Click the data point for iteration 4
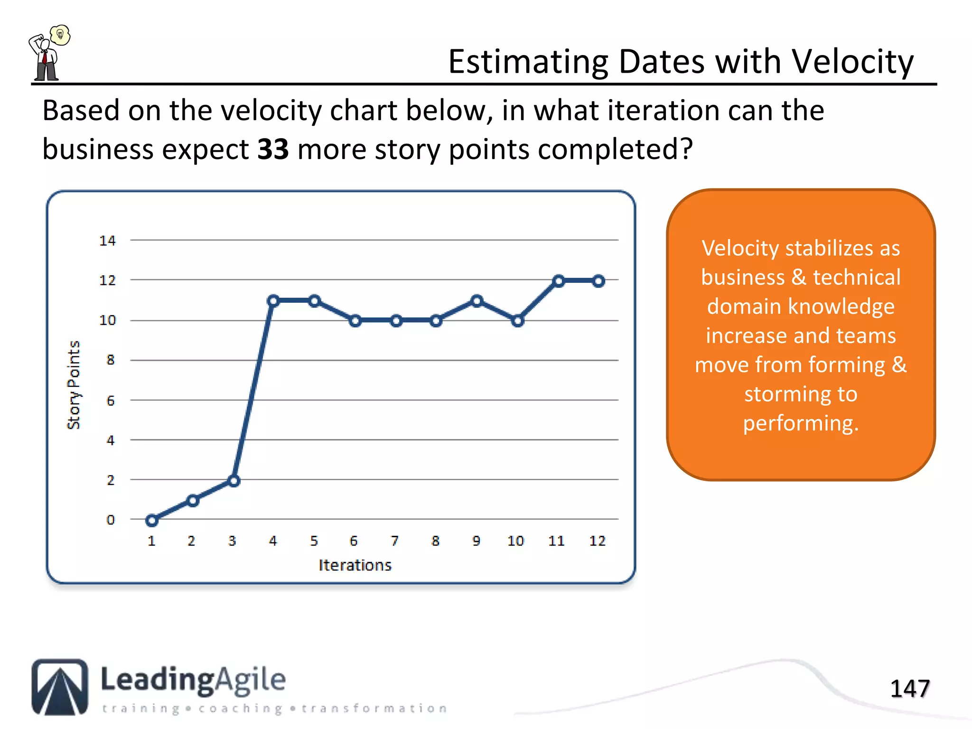(273, 300)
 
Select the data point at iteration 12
(598, 281)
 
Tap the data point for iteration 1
(152, 521)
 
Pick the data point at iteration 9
(477, 300)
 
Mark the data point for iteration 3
(234, 481)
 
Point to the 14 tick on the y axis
(108, 241)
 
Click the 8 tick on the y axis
(111, 360)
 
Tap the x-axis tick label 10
(515, 541)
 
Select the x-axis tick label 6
(354, 541)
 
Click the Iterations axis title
(355, 565)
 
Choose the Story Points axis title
(74, 385)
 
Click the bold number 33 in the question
(273, 149)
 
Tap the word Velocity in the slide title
(852, 62)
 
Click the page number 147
(909, 689)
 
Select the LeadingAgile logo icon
(60, 687)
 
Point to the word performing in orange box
(800, 423)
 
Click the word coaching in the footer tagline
(241, 709)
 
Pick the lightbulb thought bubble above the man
(60, 35)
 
